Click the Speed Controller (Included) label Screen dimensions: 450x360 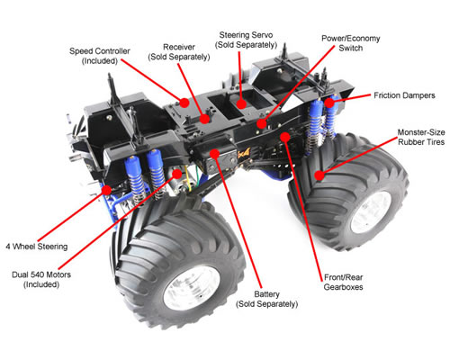(x=100, y=56)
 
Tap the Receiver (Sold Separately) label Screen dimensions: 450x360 (x=179, y=52)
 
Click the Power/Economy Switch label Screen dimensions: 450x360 (x=351, y=43)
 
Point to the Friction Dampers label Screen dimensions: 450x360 (x=404, y=95)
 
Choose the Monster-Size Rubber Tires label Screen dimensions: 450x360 (x=421, y=137)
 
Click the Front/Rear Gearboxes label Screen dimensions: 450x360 (x=343, y=282)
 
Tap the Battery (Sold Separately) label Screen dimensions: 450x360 (x=266, y=299)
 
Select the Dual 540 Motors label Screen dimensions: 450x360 (x=41, y=279)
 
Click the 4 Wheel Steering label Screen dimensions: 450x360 (x=37, y=247)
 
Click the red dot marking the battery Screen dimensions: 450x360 (x=214, y=154)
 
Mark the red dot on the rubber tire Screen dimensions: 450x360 (x=319, y=175)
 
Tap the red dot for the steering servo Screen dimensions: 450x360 (x=241, y=104)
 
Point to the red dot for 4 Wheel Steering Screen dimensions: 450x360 (x=106, y=190)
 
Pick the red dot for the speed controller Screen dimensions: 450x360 (x=184, y=103)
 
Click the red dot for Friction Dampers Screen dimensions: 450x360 (x=329, y=103)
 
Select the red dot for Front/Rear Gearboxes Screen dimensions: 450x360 (x=285, y=137)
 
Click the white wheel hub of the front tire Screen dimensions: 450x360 (x=192, y=288)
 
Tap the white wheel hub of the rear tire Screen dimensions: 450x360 (x=371, y=212)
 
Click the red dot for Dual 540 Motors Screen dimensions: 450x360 (x=177, y=174)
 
